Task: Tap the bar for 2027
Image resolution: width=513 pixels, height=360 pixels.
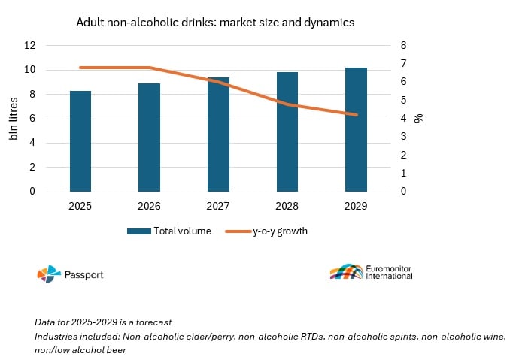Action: (x=218, y=135)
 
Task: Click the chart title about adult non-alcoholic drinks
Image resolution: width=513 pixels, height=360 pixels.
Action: (x=215, y=23)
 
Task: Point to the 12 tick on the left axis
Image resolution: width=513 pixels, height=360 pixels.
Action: (x=31, y=46)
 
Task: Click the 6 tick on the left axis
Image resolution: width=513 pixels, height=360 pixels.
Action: (x=33, y=119)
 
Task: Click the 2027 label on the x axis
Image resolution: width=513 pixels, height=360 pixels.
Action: (x=218, y=206)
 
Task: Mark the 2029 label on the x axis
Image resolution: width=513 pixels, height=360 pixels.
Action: (x=356, y=206)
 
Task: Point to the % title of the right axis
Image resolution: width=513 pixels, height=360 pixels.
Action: (x=419, y=118)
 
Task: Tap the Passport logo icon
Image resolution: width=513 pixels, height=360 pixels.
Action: (x=47, y=274)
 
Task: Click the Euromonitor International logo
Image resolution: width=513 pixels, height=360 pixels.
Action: (x=371, y=272)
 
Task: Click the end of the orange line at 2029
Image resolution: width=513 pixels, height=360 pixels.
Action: (x=356, y=115)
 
